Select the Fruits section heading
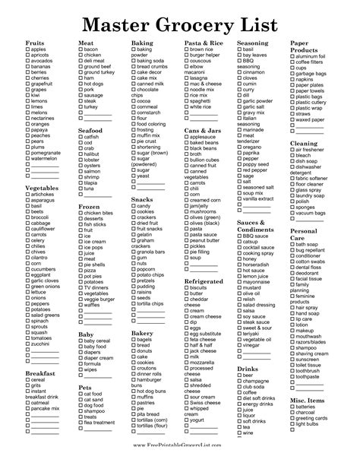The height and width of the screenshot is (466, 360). point(36,43)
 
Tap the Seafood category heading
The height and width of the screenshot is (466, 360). point(90,130)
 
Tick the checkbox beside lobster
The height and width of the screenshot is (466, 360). point(81,160)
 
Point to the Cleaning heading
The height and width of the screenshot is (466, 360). point(303,143)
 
